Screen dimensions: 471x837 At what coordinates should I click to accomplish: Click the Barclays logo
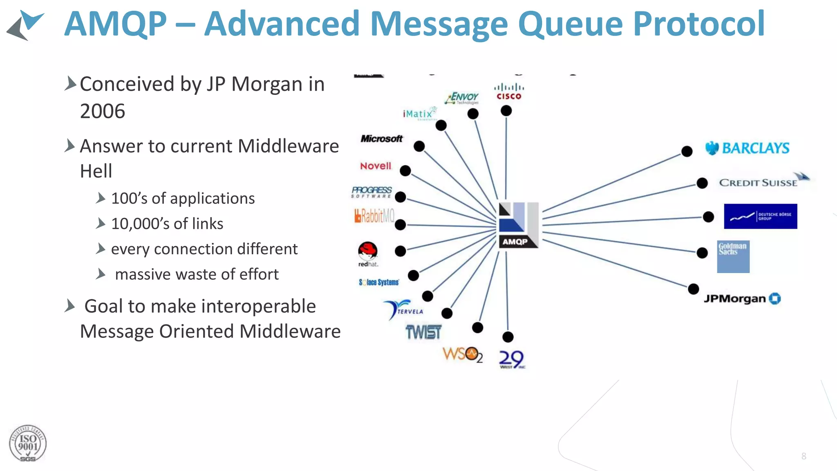coord(748,148)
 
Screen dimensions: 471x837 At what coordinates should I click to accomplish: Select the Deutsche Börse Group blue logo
coord(760,216)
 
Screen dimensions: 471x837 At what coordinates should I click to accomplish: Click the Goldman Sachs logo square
coord(733,256)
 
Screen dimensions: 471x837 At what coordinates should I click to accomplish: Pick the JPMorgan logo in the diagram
coord(742,299)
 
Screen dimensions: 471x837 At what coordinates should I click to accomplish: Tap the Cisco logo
coord(509,92)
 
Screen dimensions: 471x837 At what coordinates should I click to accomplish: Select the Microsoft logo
coord(381,139)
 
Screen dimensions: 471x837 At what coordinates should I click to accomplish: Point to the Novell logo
coord(376,166)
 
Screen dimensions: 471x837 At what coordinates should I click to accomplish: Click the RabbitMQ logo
coord(374,215)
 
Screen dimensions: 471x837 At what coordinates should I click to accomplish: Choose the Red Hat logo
coord(368,253)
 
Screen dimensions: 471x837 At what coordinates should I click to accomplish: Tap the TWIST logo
coord(423,332)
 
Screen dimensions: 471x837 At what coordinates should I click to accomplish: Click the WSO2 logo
coord(462,354)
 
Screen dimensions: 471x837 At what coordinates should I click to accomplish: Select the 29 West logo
coord(511,359)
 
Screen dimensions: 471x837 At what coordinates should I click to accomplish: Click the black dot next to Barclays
coord(687,151)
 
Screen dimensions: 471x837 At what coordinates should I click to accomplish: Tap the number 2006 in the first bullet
coord(103,111)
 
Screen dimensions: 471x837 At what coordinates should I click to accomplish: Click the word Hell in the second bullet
coord(96,171)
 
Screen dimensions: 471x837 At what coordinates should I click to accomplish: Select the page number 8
coord(803,456)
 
